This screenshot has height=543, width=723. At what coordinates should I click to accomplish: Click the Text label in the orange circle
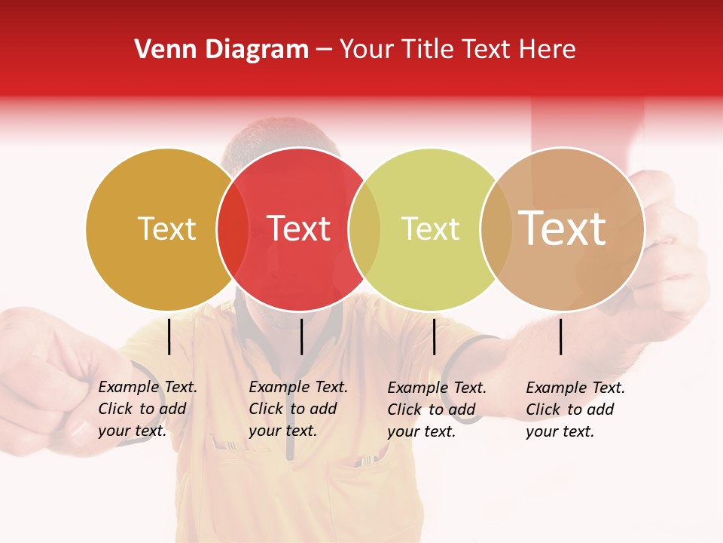[x=166, y=229]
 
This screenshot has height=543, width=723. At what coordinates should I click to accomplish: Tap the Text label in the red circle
[x=299, y=229]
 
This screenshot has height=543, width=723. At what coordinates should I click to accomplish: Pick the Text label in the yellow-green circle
[x=430, y=229]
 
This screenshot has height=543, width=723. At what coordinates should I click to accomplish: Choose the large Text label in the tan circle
[x=563, y=229]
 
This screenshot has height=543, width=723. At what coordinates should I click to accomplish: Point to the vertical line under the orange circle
[x=169, y=336]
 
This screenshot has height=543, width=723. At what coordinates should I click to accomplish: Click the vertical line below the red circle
[x=301, y=336]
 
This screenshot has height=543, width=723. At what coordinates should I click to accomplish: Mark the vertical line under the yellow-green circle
[x=434, y=336]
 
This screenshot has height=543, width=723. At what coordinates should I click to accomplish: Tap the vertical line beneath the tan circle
[x=561, y=336]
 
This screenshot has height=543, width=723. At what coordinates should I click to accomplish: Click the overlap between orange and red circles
[x=233, y=229]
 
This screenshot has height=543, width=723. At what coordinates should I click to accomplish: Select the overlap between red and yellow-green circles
[x=365, y=229]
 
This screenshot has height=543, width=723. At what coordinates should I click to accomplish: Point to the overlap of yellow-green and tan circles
[x=496, y=229]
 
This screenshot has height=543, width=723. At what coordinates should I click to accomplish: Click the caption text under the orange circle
[x=147, y=409]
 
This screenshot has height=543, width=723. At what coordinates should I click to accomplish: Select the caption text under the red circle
[x=297, y=409]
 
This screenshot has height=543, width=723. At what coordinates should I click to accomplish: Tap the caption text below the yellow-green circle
[x=436, y=410]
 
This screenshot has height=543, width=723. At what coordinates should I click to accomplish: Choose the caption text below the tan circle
[x=575, y=410]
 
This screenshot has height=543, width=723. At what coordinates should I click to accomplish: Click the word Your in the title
[x=366, y=50]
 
